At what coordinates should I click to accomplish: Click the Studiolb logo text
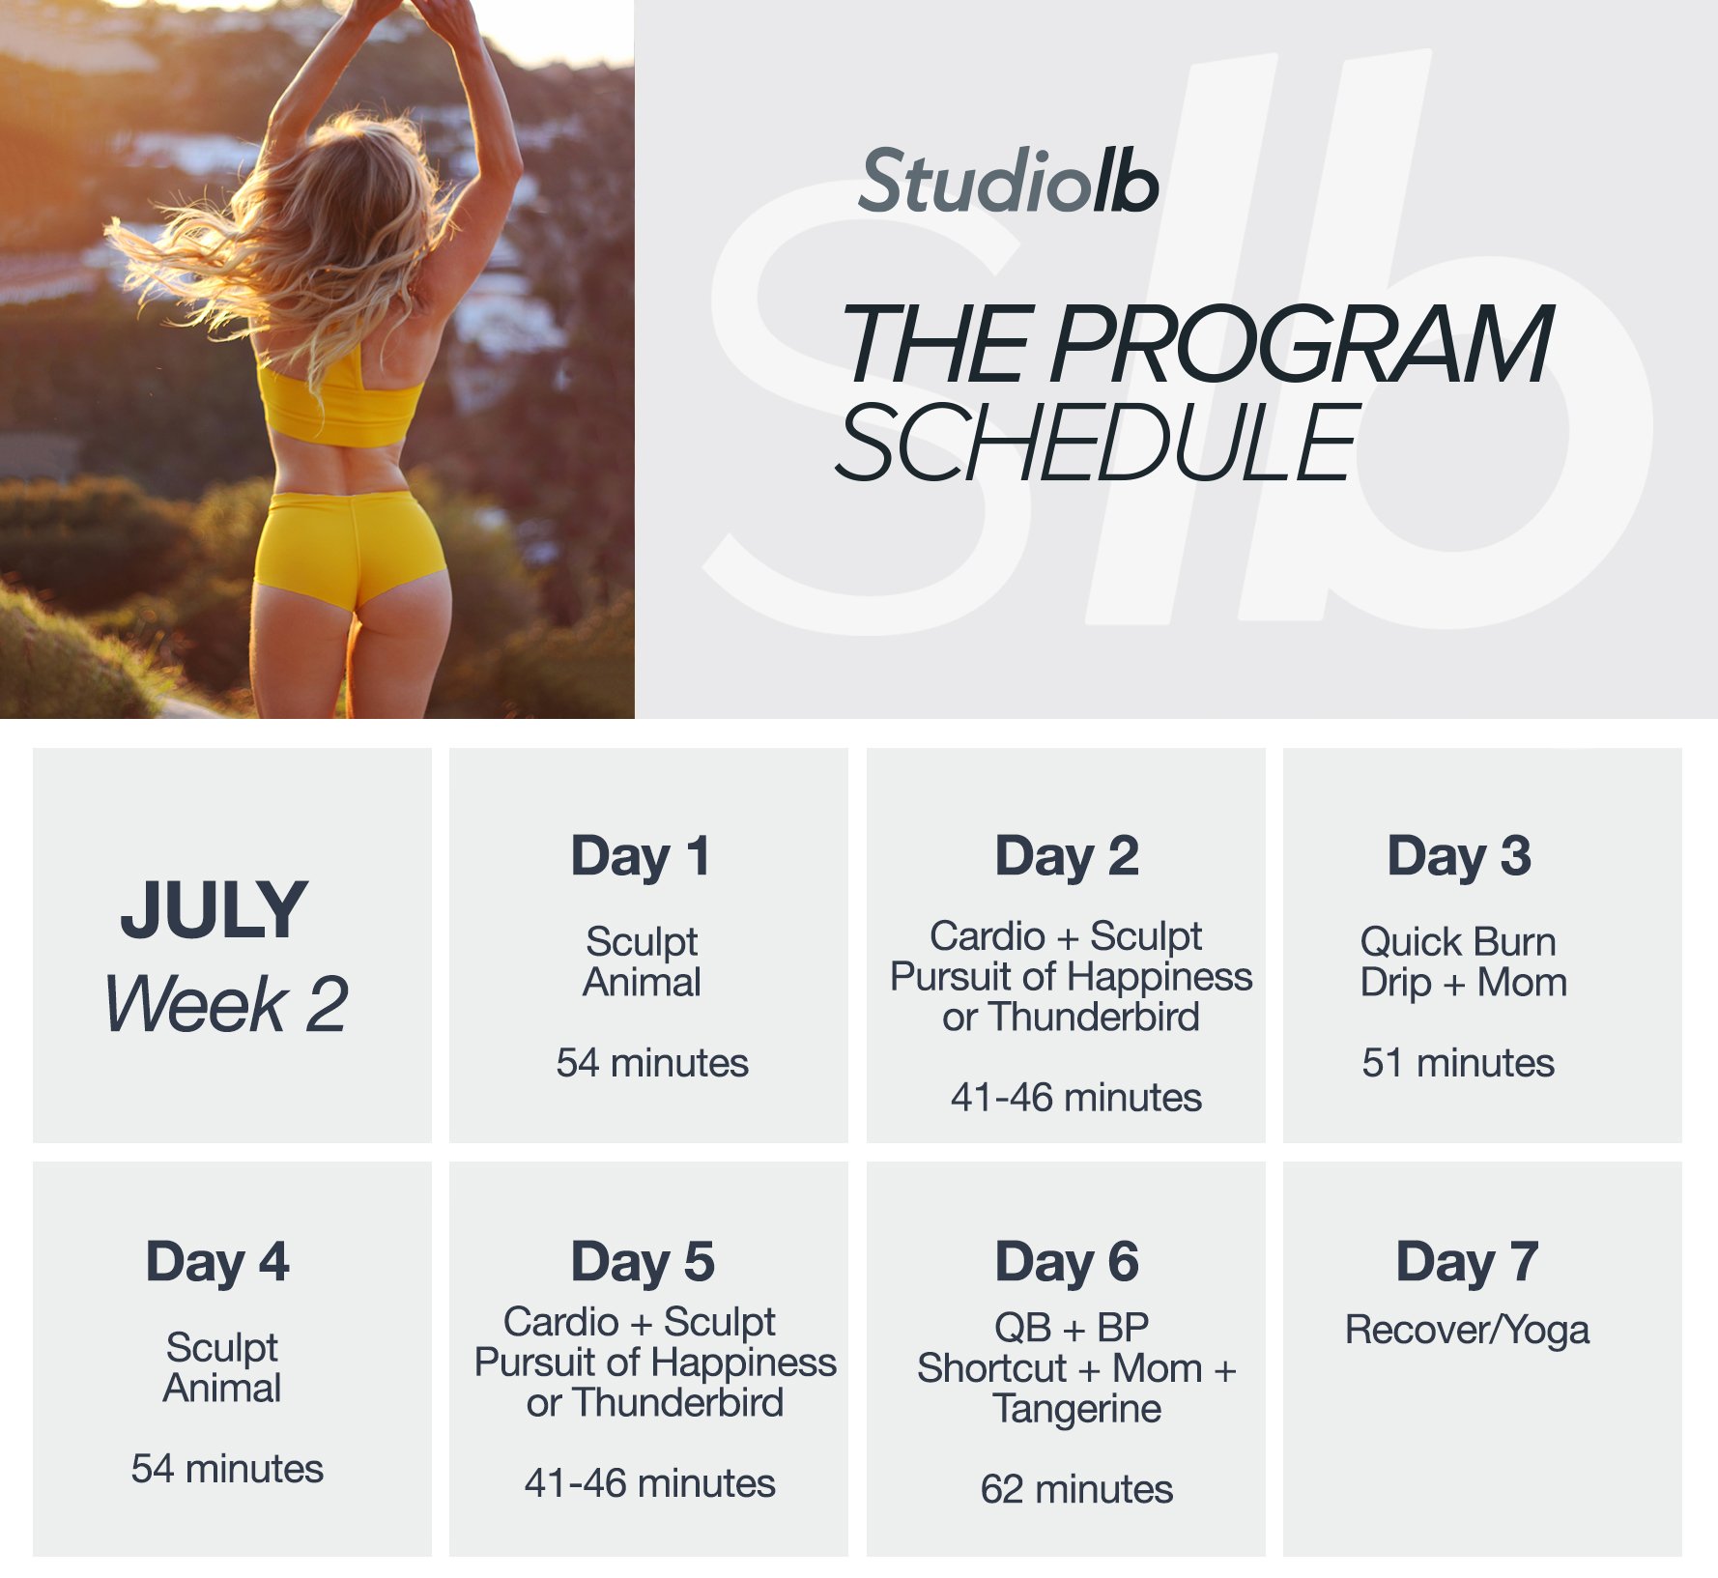1008,183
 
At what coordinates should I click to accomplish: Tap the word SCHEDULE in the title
1097,444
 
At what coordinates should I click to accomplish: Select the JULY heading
214,910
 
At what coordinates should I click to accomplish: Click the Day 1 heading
641,856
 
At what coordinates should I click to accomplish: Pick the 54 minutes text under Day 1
651,1063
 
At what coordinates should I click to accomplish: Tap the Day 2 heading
1067,856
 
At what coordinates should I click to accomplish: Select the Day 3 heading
1459,856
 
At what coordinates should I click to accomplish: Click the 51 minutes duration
1457,1063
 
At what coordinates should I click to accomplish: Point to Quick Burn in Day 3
1457,941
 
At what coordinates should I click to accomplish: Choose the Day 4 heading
217,1262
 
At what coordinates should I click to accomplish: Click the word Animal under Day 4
222,1389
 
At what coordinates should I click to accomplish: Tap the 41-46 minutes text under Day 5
649,1483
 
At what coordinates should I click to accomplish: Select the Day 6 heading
1067,1262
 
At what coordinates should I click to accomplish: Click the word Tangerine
1076,1409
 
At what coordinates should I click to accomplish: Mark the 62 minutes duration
1076,1489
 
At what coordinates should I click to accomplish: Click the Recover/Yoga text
1467,1331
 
